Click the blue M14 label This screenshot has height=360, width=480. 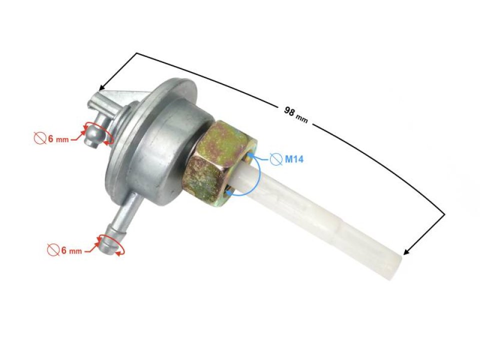(x=294, y=159)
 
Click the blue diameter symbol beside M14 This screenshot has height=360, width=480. (x=275, y=159)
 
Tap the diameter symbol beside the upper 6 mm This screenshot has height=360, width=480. (x=40, y=139)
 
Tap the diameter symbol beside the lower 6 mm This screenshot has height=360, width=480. (x=52, y=249)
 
